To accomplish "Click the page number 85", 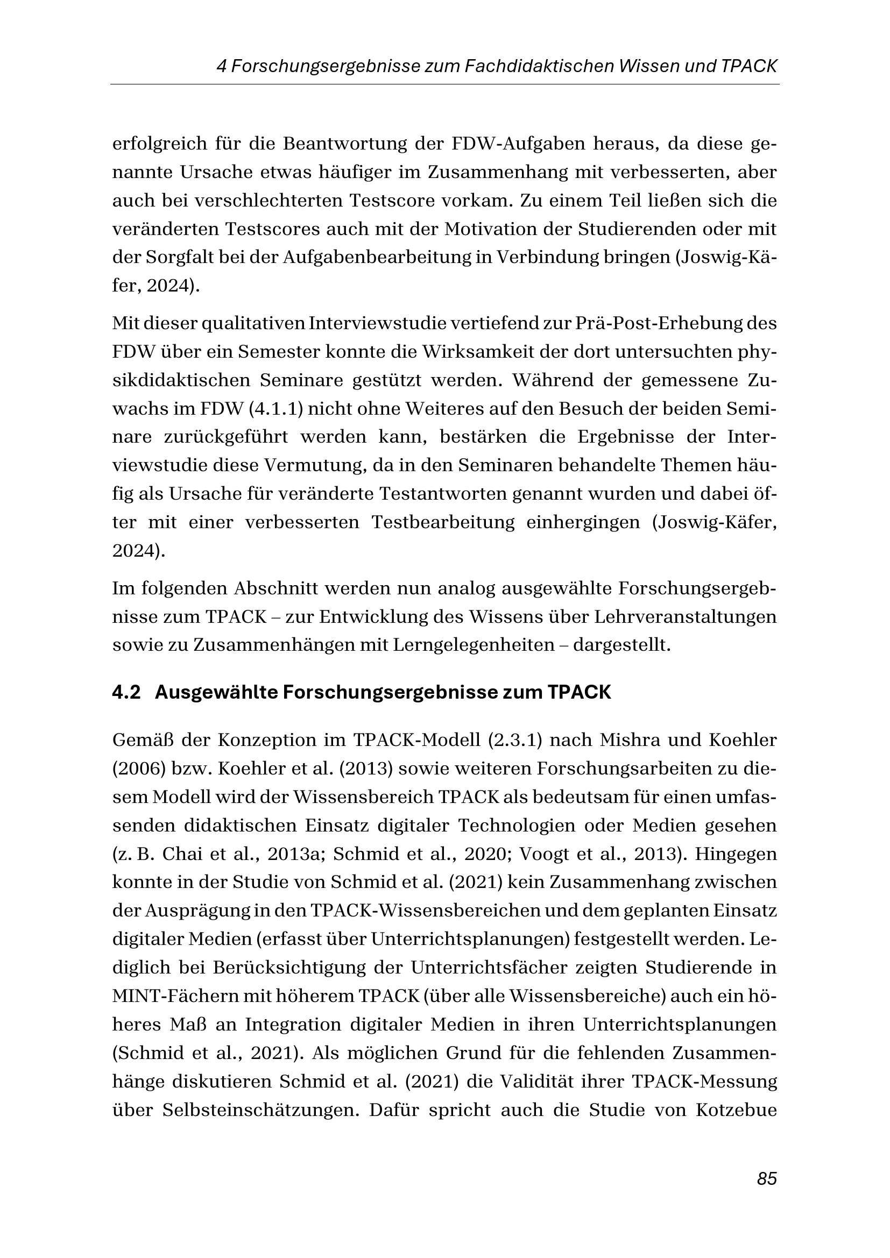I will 767,1178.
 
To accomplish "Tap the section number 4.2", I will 126,693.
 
